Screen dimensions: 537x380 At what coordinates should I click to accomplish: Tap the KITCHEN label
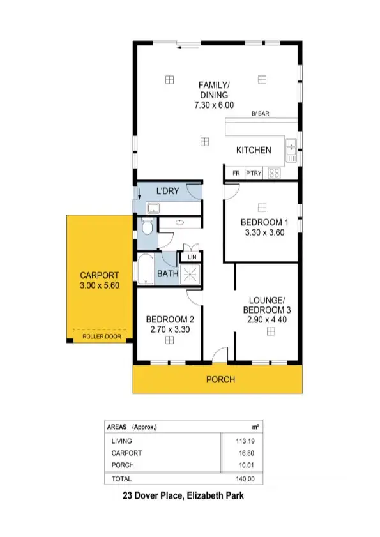[x=254, y=150]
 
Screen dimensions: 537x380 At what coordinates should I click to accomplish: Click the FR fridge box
[x=235, y=172]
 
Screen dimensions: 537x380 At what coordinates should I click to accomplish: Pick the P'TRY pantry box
[x=255, y=172]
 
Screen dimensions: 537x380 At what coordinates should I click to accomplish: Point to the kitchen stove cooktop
[x=275, y=172]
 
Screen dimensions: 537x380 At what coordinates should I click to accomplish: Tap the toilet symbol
[x=148, y=228]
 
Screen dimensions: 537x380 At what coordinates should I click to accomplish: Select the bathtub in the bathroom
[x=144, y=269]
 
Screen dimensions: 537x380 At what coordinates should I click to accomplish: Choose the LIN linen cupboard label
[x=191, y=257]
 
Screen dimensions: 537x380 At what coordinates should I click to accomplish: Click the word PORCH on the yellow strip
[x=220, y=379]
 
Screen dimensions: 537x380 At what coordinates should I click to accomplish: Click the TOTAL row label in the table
[x=121, y=478]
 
